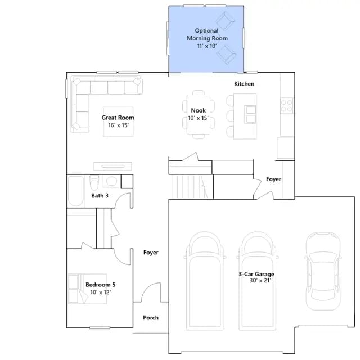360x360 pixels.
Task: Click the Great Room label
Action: pos(118,118)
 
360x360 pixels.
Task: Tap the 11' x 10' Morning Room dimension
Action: pos(207,46)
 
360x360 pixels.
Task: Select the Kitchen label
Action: pos(244,84)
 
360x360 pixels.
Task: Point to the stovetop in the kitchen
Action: pos(286,106)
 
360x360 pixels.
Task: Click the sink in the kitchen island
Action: pos(250,114)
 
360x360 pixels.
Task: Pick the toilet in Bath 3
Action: pos(94,182)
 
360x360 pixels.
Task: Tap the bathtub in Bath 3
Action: pos(76,191)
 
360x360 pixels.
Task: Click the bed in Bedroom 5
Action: pos(87,289)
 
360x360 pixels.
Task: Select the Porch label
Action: pos(151,317)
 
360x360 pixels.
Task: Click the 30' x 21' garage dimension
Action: pos(260,280)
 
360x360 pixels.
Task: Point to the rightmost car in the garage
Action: pos(323,271)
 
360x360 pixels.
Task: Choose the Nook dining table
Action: pos(199,114)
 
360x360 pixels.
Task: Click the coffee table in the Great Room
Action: pos(118,121)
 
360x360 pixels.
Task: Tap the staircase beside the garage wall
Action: pos(190,186)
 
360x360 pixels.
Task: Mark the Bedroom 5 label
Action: pos(100,285)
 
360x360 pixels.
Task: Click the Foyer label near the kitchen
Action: pos(273,179)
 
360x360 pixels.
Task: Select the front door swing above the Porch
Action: pos(151,292)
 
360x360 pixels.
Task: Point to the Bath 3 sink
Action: pos(111,181)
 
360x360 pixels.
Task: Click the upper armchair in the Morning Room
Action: pos(225,21)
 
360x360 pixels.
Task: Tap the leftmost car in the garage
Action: pos(205,281)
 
